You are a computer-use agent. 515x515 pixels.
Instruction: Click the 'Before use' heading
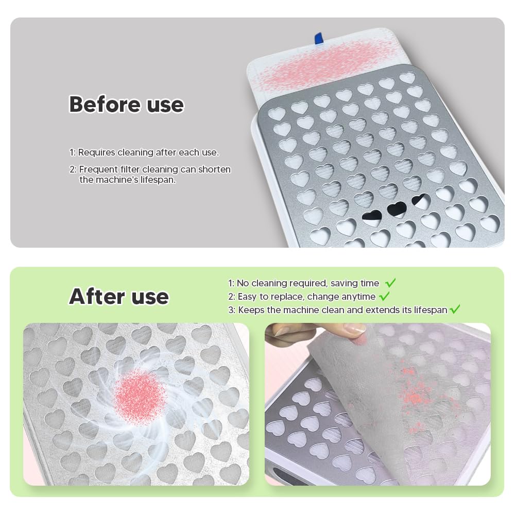tap(127, 105)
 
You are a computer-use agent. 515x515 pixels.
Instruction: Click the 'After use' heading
tap(119, 297)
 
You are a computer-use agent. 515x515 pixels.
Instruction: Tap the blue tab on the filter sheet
tap(318, 38)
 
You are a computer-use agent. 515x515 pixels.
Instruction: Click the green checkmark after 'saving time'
tap(390, 283)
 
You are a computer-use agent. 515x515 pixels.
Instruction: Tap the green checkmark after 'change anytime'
tap(384, 296)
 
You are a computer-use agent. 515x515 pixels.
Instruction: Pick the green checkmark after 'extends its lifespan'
tap(455, 309)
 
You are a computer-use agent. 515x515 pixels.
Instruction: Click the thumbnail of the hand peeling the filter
tap(377, 404)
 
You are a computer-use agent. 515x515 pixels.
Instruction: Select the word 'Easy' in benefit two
tap(247, 297)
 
